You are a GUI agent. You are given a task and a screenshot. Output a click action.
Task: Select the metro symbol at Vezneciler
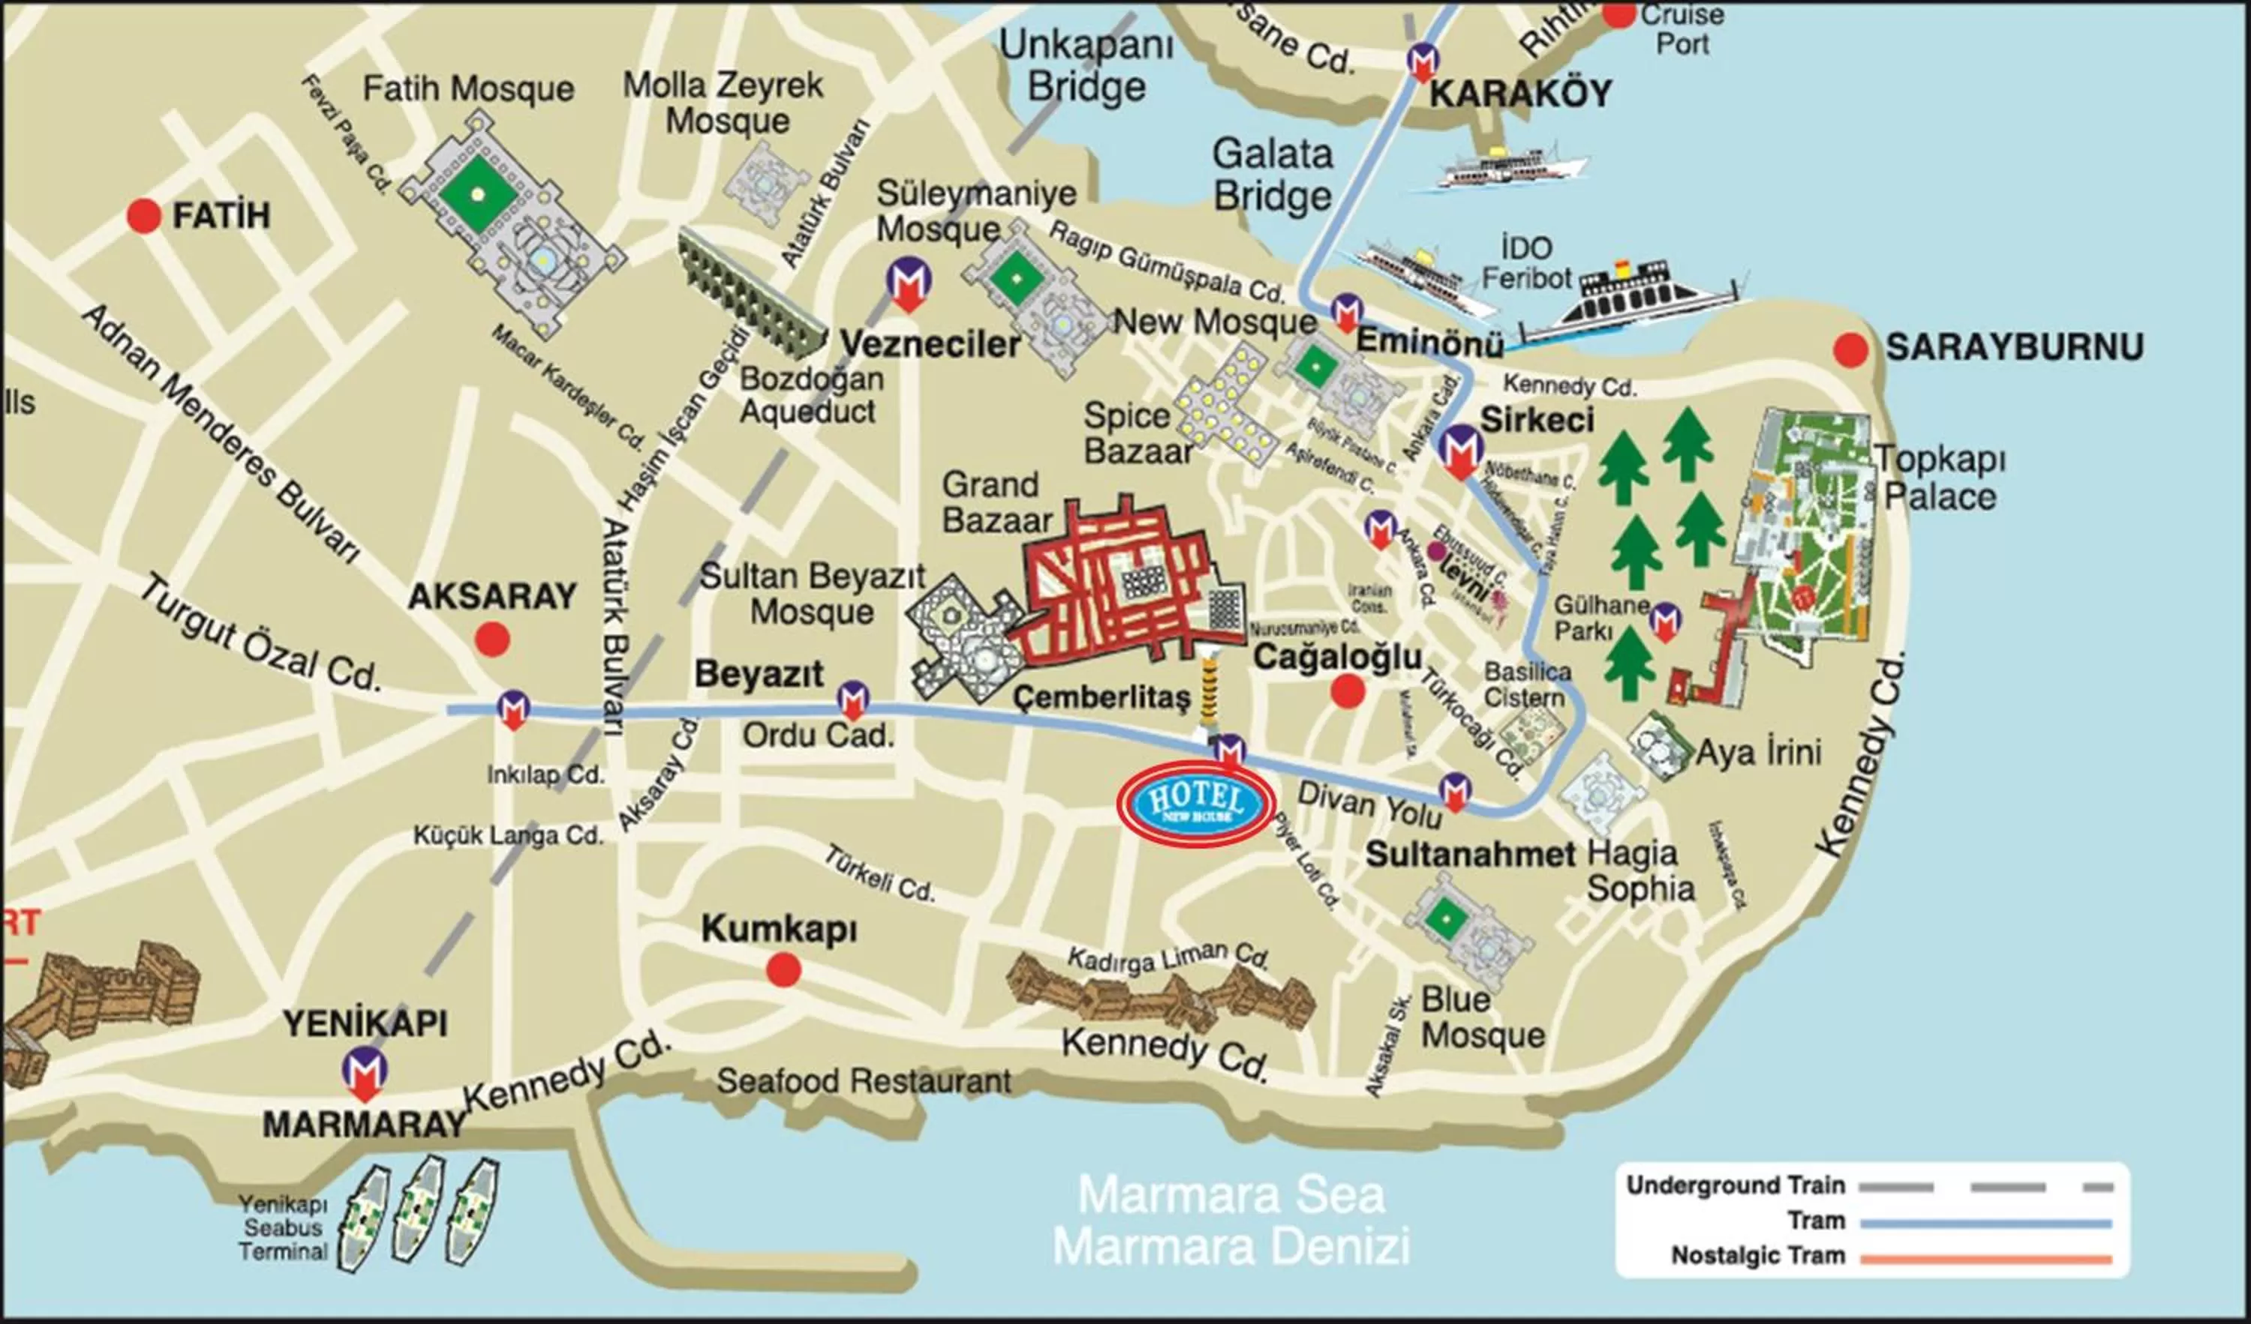(x=909, y=284)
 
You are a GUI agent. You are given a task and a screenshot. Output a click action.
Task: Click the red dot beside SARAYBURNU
(x=1851, y=349)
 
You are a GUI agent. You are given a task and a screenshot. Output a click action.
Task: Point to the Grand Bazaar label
(x=997, y=502)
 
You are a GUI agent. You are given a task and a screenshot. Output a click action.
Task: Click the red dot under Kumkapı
(x=783, y=969)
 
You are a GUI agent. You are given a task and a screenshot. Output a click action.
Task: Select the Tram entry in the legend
(x=1816, y=1221)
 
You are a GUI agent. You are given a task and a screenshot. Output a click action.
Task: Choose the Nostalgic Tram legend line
(x=1985, y=1259)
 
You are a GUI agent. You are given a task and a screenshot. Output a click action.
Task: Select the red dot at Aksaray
(x=492, y=640)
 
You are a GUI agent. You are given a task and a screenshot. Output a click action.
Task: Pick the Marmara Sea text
(x=1231, y=1196)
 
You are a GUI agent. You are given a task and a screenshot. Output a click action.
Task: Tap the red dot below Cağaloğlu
(x=1347, y=691)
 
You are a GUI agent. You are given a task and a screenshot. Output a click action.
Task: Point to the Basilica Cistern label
(x=1527, y=684)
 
